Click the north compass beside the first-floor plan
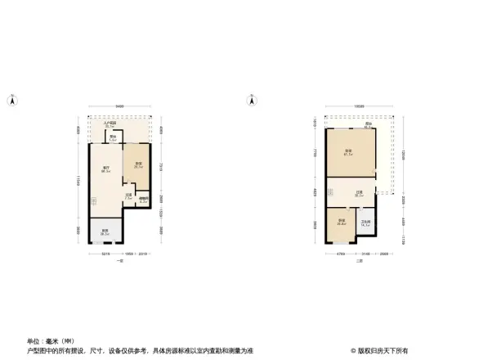pyautogui.click(x=12, y=101)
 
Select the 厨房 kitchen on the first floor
pyautogui.click(x=105, y=232)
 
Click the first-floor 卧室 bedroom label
pyautogui.click(x=139, y=165)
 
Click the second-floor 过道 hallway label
pyautogui.click(x=359, y=195)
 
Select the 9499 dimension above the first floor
pyautogui.click(x=119, y=106)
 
